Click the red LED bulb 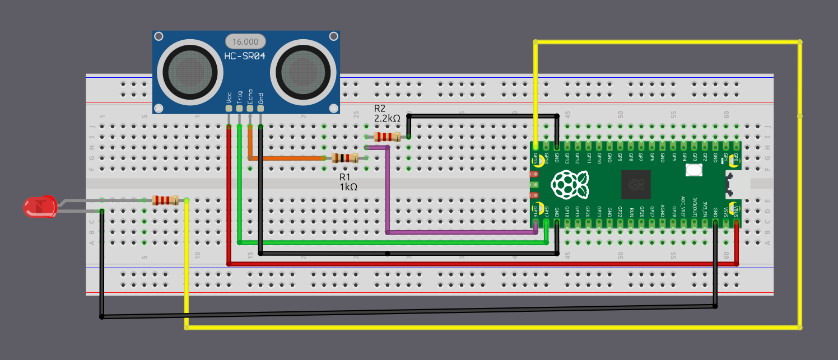coord(38,206)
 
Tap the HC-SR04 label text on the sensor coord(245,56)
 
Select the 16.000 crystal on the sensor coord(245,41)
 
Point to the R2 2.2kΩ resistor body coord(387,137)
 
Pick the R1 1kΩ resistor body coord(344,158)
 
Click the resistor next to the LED coord(165,200)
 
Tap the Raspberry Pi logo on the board coord(569,185)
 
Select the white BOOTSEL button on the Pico coord(694,170)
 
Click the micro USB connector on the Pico coord(738,185)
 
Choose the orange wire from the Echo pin coord(286,158)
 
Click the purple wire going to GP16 coord(387,190)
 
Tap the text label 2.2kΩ coord(387,119)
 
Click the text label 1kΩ coord(348,187)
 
